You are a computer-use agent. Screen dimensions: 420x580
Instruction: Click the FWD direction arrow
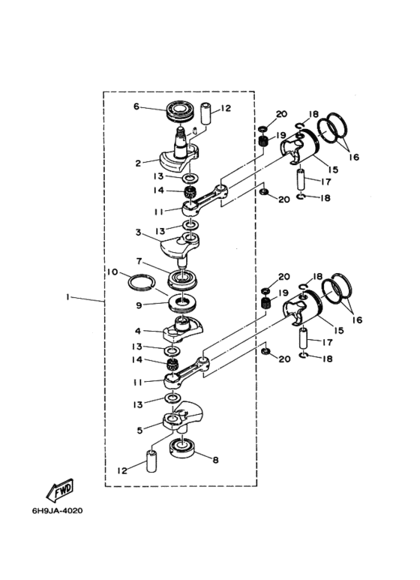pos(60,491)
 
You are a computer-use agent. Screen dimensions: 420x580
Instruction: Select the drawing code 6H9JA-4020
pos(57,511)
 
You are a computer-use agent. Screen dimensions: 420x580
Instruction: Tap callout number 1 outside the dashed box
pos(67,297)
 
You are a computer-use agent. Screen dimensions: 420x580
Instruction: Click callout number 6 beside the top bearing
pos(136,107)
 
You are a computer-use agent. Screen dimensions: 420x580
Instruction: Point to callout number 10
pos(112,272)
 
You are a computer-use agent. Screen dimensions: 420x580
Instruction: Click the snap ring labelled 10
pos(141,283)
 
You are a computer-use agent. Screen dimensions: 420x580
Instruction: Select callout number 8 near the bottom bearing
pos(215,460)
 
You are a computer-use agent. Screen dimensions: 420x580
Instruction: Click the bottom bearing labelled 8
pos(183,449)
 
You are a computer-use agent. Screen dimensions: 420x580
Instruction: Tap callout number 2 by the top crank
pos(138,163)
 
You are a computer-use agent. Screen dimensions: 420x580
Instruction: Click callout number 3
pos(138,233)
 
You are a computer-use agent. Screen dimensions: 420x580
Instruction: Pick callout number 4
pos(138,331)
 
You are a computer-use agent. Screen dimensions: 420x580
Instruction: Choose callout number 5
pos(139,431)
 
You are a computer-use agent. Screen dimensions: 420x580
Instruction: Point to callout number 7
pos(138,261)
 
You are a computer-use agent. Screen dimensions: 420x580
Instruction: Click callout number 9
pos(139,305)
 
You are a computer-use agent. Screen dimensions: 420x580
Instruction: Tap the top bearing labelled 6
pos(179,110)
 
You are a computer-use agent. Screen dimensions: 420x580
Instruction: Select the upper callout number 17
pos(325,182)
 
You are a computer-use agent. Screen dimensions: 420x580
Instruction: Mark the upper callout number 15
pos(333,170)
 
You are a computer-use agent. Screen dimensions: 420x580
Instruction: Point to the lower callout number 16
pos(357,320)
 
